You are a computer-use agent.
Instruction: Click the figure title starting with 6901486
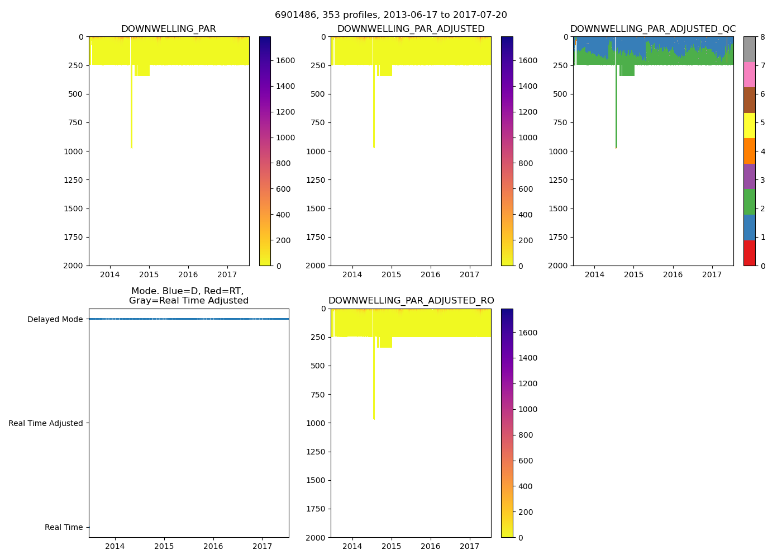[x=391, y=15]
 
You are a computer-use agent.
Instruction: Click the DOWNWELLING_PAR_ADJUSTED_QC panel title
[x=653, y=29]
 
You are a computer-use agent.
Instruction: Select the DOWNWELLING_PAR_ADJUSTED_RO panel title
[x=411, y=301]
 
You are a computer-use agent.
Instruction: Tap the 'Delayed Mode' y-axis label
[x=55, y=319]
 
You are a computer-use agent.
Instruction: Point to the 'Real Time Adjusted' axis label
[x=46, y=423]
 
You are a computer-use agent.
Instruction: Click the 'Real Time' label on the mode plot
[x=64, y=527]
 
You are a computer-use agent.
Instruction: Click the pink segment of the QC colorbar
[x=749, y=74]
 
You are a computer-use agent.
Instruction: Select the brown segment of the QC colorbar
[x=749, y=100]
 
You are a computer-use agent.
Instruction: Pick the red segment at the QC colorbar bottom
[x=749, y=253]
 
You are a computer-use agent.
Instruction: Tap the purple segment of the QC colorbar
[x=749, y=176]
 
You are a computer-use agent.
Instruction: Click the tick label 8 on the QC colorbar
[x=762, y=37]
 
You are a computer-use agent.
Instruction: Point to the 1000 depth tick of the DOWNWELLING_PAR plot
[x=74, y=151]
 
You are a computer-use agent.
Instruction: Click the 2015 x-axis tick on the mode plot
[x=164, y=546]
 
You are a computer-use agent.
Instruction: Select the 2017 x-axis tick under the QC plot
[x=712, y=274]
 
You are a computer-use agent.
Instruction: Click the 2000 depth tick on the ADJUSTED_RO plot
[x=316, y=538]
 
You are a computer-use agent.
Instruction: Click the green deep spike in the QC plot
[x=616, y=112]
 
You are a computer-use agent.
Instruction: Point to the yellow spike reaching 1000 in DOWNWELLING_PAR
[x=131, y=112]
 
